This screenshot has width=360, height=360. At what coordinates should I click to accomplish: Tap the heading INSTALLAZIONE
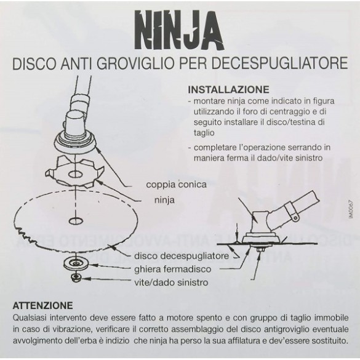pyautogui.click(x=228, y=89)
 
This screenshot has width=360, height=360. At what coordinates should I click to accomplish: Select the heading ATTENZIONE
pyautogui.click(x=42, y=305)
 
